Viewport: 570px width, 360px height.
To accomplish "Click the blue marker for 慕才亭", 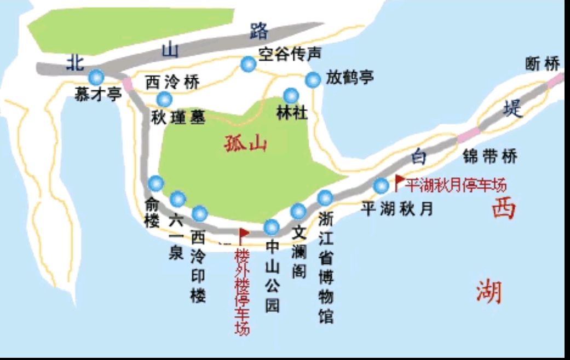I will [97, 76].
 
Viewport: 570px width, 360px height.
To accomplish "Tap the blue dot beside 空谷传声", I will [248, 65].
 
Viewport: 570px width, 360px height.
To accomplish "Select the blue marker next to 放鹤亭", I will [313, 80].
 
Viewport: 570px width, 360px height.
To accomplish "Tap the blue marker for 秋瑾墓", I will [164, 99].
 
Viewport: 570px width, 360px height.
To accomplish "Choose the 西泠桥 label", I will [172, 83].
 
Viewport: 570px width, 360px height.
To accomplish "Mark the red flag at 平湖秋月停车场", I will [400, 180].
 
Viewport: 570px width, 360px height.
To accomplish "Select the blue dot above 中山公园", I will [272, 226].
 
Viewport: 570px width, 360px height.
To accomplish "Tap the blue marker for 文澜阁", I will [298, 211].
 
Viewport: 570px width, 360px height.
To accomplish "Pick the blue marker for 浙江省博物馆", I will [325, 197].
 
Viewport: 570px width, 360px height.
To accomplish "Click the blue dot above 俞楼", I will [156, 183].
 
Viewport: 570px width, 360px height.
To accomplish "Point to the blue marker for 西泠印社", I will [200, 213].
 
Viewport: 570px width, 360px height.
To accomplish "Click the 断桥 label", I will [542, 64].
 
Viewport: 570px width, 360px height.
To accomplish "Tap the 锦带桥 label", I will [490, 157].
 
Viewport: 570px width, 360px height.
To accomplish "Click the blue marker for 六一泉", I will [178, 199].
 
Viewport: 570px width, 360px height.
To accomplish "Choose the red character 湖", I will [489, 292].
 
